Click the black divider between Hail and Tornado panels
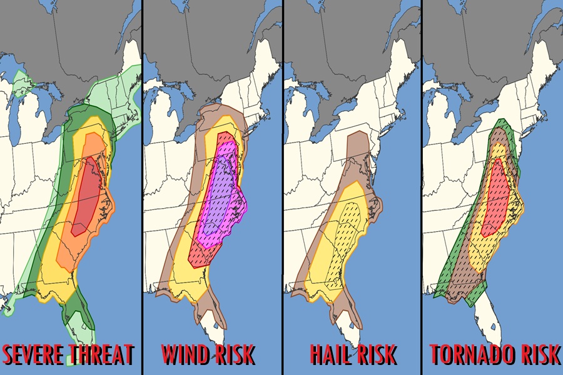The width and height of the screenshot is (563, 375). coord(421,187)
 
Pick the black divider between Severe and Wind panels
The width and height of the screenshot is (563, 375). coord(141,187)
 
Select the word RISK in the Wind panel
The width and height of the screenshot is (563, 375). coord(233,355)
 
